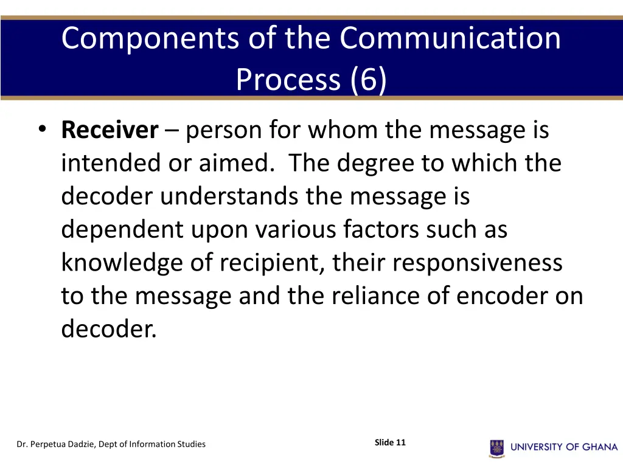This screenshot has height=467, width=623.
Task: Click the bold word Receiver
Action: pyautogui.click(x=110, y=130)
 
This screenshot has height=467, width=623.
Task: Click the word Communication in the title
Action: pyautogui.click(x=450, y=38)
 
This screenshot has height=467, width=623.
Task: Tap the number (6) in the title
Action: pyautogui.click(x=368, y=79)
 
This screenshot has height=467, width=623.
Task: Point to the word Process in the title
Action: pyautogui.click(x=289, y=79)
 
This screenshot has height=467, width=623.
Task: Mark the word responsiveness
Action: pyautogui.click(x=477, y=263)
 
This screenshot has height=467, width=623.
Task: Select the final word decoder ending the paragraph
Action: pyautogui.click(x=108, y=329)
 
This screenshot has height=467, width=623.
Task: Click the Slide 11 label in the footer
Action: pyautogui.click(x=390, y=443)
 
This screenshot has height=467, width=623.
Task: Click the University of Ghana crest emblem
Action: pyautogui.click(x=496, y=448)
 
